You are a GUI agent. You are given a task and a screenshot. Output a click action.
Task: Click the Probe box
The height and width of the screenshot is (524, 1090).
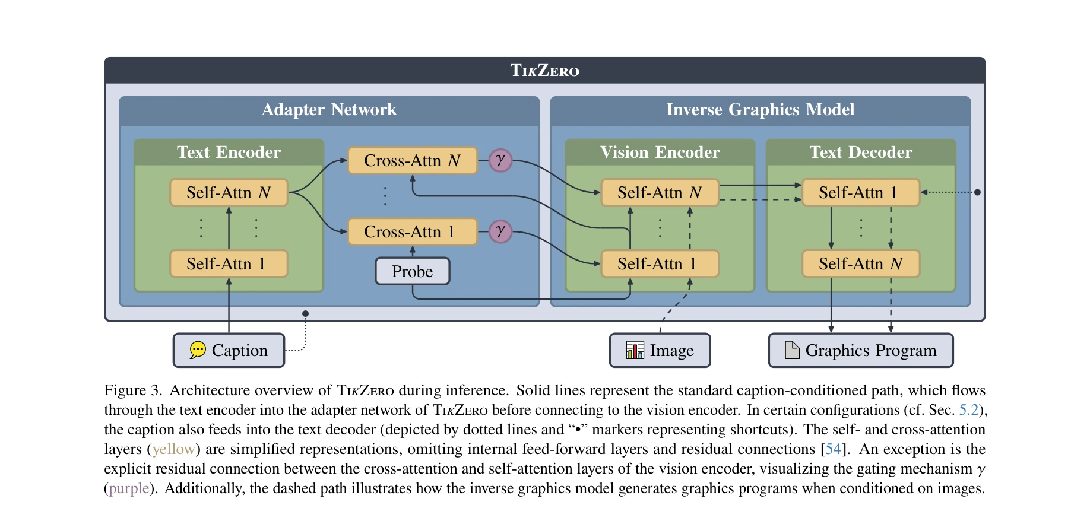click(412, 271)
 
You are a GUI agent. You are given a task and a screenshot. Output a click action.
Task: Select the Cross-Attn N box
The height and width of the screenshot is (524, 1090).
click(412, 161)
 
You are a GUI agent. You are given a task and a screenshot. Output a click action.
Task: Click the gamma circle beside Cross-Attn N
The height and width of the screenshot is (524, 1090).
click(500, 160)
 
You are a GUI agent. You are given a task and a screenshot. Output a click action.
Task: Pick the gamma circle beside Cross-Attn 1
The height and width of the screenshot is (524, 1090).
click(500, 231)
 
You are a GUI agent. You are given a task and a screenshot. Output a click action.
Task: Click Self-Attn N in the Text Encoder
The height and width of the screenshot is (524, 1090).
click(229, 193)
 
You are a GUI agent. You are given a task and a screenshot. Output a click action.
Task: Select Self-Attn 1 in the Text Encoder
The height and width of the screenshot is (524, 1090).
click(229, 264)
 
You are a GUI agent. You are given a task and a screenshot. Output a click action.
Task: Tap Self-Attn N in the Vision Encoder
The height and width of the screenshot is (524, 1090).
click(660, 193)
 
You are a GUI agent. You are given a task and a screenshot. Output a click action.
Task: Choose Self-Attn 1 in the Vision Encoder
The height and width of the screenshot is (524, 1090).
click(660, 264)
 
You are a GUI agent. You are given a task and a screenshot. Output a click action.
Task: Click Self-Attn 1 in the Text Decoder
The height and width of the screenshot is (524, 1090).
click(860, 193)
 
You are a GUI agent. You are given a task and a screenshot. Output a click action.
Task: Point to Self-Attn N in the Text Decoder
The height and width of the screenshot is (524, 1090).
click(860, 264)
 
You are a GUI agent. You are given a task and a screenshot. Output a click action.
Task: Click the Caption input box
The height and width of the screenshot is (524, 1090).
click(229, 351)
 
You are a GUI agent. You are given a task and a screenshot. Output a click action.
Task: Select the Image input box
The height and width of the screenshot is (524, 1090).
click(660, 351)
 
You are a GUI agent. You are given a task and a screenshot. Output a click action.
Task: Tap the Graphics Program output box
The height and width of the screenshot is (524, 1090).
click(860, 351)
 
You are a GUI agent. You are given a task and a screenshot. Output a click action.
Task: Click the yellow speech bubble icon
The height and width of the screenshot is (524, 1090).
click(198, 350)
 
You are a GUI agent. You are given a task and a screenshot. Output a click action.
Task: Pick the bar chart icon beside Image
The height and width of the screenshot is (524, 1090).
click(635, 350)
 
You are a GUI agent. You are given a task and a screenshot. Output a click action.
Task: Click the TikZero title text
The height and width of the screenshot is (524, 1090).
click(544, 71)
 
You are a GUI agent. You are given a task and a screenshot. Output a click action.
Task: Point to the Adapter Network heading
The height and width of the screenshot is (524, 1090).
click(329, 110)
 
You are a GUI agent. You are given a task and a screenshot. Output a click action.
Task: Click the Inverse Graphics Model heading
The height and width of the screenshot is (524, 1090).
click(760, 110)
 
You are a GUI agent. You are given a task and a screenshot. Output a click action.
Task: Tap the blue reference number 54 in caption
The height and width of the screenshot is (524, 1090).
click(833, 449)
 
